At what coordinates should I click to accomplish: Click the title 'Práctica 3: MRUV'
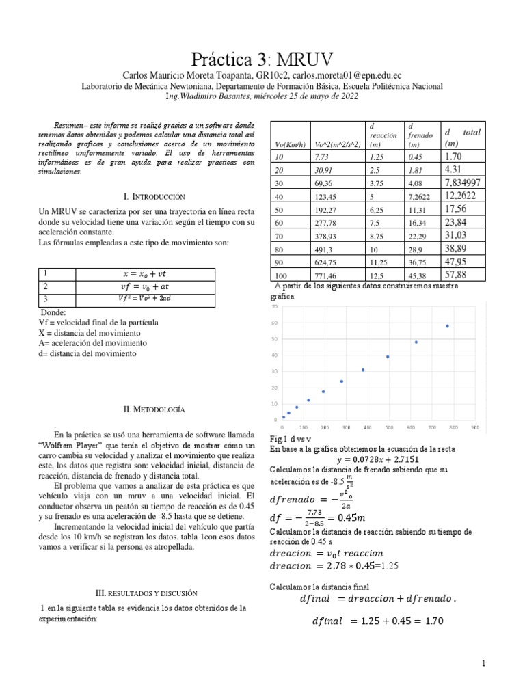262,56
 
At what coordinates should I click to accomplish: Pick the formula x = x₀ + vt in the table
144,273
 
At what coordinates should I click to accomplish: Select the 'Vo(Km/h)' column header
289,144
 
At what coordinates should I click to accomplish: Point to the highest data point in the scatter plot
447,326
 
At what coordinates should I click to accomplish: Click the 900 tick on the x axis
475,427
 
